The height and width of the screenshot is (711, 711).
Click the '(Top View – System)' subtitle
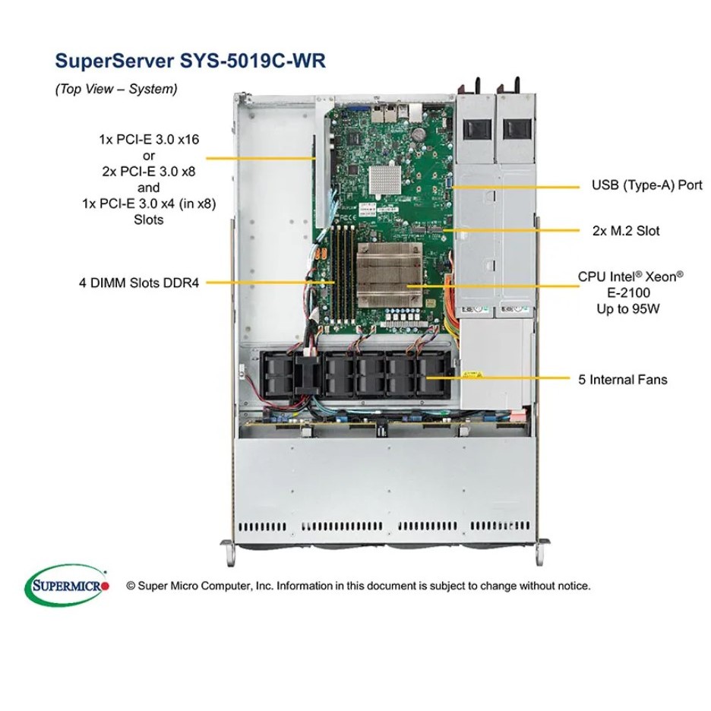[x=115, y=89]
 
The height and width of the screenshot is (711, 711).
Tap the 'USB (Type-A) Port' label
[x=646, y=185]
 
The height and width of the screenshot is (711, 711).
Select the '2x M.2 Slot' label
[x=625, y=230]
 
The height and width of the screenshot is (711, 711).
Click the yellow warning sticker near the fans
[x=472, y=374]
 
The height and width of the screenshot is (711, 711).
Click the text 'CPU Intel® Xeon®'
[x=630, y=276]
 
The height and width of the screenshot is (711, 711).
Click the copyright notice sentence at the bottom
[x=358, y=586]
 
